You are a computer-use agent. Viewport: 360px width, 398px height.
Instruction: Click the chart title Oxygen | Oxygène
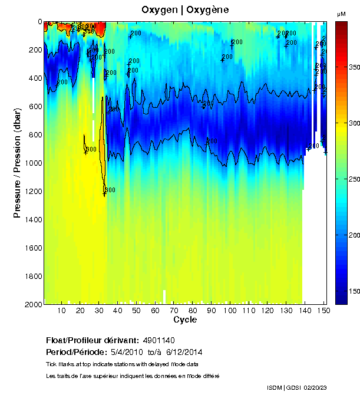185,10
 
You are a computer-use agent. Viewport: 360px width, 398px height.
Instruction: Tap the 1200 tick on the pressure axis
34,191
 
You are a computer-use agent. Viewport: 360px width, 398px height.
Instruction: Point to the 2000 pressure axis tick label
34,304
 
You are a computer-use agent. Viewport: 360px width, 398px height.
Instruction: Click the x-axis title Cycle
185,320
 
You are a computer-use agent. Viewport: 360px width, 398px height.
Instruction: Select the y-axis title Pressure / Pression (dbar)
18,163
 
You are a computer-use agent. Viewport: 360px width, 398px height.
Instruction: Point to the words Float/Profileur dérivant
91,340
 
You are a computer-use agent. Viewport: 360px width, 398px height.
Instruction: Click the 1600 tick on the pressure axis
34,248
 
